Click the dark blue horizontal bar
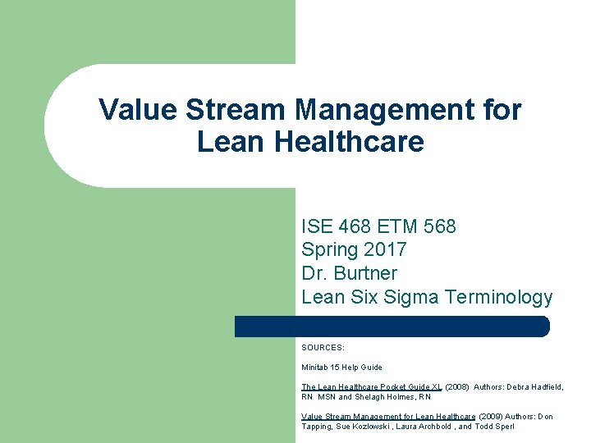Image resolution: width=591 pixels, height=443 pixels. pyautogui.click(x=392, y=327)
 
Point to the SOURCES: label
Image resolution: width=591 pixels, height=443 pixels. pyautogui.click(x=323, y=348)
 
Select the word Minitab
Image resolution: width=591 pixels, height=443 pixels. pyautogui.click(x=316, y=368)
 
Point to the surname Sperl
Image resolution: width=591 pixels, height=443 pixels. pyautogui.click(x=502, y=427)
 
